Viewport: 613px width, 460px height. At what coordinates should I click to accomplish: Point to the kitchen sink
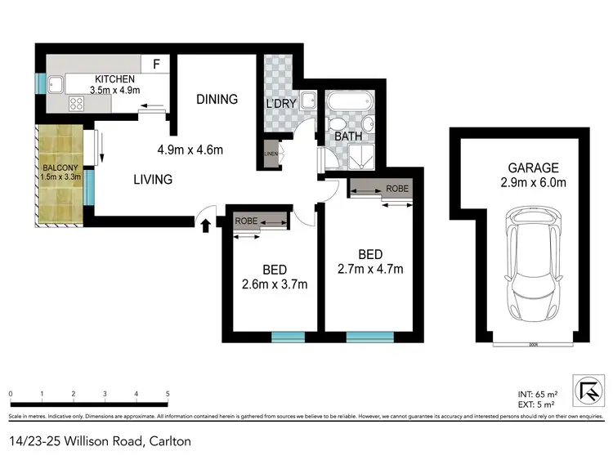pos(55,83)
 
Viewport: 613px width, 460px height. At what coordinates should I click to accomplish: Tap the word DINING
pos(217,100)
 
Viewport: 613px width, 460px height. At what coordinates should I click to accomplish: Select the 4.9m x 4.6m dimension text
pos(190,150)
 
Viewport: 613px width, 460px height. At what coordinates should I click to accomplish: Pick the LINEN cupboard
pos(270,154)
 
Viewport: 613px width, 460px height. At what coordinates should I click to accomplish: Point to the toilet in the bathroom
pos(337,126)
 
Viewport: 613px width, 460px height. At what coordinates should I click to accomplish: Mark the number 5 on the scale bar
pos(168,394)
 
